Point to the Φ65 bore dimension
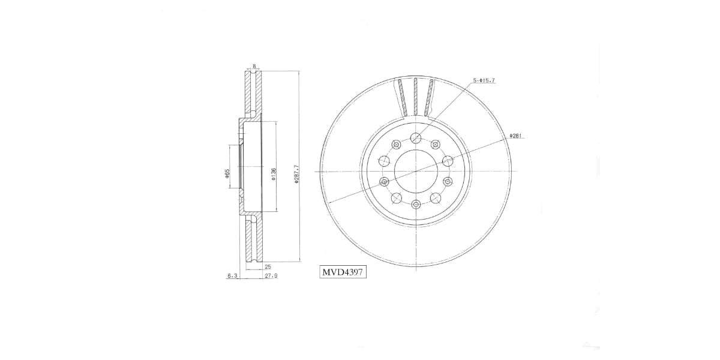(x=227, y=173)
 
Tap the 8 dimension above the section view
(x=254, y=66)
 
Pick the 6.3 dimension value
(x=232, y=276)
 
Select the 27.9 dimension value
(x=270, y=276)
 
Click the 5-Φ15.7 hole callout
(x=484, y=80)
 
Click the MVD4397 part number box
(x=343, y=272)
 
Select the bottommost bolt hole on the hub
(x=415, y=204)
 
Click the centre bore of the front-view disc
(x=415, y=172)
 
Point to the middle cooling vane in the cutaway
(x=415, y=96)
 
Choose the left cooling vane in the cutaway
(x=402, y=97)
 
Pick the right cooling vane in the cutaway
(x=428, y=97)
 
